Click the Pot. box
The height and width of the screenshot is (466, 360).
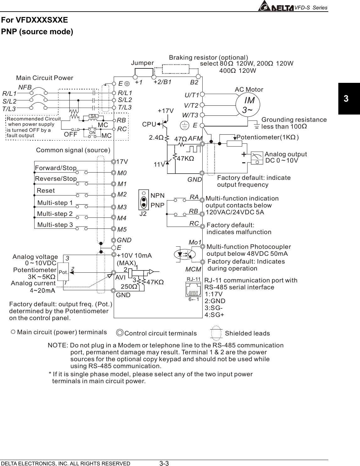click(x=63, y=272)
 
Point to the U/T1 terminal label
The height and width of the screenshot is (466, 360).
click(x=192, y=95)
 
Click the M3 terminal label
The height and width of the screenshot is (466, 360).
click(x=122, y=207)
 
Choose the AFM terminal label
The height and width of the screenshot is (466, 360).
click(x=195, y=138)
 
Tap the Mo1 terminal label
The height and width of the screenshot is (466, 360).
click(x=195, y=242)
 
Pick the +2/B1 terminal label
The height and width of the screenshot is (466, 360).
click(x=162, y=82)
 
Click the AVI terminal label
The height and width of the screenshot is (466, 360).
click(x=120, y=277)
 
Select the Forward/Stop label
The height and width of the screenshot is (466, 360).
click(x=56, y=168)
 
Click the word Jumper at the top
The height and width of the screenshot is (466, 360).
click(x=142, y=63)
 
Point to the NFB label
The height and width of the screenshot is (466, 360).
click(x=25, y=88)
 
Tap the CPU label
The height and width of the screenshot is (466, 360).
click(x=149, y=124)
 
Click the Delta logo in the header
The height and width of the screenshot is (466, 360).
click(x=276, y=7)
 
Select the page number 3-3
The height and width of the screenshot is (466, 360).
click(x=164, y=463)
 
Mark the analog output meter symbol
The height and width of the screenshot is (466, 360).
click(x=258, y=158)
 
